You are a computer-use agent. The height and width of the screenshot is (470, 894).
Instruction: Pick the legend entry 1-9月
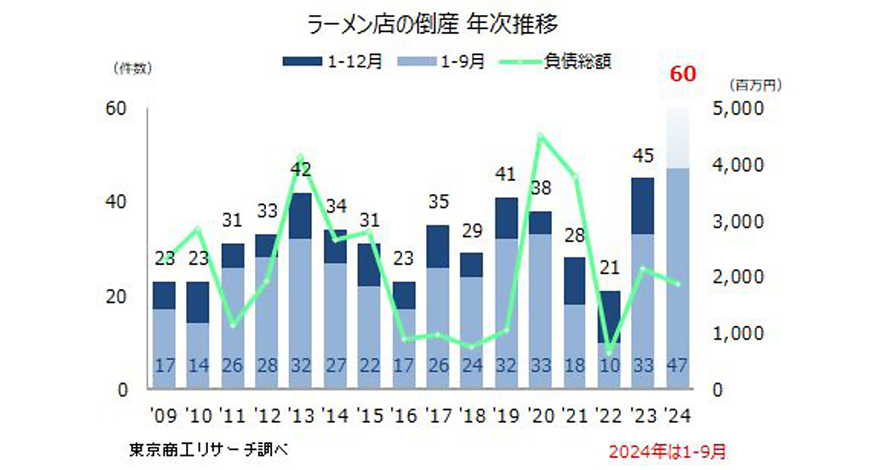click(x=443, y=62)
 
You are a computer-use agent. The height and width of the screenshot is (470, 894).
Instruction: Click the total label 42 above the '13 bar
click(x=301, y=170)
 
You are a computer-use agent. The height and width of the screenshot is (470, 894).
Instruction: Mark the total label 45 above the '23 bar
click(x=643, y=156)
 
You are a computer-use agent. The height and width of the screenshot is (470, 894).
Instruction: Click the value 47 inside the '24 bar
click(x=677, y=367)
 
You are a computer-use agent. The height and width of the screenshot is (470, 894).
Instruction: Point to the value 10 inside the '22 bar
click(x=609, y=367)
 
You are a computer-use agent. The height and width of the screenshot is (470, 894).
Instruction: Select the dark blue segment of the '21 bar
click(x=574, y=281)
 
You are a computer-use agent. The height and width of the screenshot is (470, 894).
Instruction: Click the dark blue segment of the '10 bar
click(x=198, y=302)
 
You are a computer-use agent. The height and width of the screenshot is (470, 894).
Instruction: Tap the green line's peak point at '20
click(x=540, y=136)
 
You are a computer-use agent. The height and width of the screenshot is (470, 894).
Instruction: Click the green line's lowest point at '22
click(x=609, y=353)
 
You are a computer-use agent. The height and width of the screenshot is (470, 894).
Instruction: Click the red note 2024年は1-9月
click(x=667, y=451)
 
